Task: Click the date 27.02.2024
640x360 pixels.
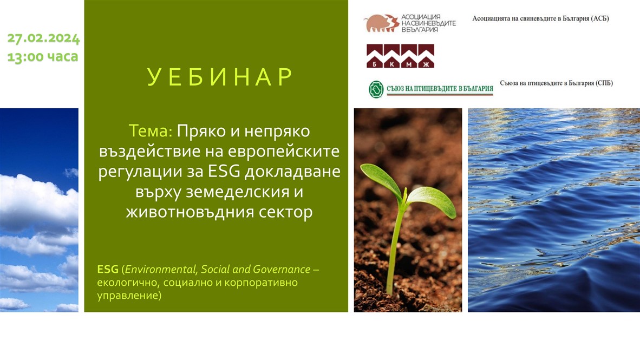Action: (43, 38)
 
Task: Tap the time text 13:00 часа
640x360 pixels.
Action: (42, 56)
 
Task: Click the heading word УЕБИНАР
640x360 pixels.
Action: (220, 77)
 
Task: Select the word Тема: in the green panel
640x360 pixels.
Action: (151, 131)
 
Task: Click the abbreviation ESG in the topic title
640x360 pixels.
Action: (224, 171)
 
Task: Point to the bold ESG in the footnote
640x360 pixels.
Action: (108, 270)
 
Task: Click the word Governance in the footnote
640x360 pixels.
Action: (282, 270)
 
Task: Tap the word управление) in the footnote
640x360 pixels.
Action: (129, 295)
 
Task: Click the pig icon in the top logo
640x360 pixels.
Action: (381, 23)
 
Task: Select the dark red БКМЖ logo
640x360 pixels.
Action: (400, 56)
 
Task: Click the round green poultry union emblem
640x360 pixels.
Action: (376, 89)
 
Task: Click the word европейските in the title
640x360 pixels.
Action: (284, 152)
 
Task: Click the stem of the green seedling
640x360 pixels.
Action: (394, 245)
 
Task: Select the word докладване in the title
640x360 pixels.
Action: (292, 172)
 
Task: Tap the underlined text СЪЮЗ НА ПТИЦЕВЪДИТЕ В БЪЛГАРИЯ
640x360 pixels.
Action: (440, 89)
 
